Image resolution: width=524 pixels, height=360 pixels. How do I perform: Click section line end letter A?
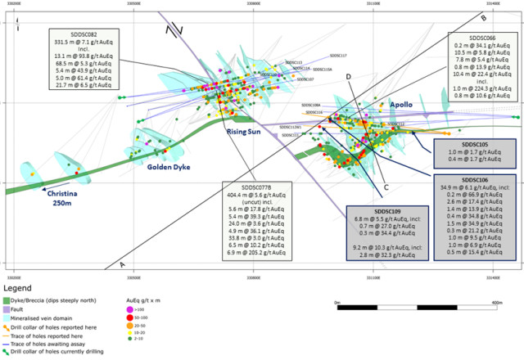122,264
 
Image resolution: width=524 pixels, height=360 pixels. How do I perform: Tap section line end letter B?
483,19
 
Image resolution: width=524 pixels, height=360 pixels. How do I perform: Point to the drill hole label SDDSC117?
338,56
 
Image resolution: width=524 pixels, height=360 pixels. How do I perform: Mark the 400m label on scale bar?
497,302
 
